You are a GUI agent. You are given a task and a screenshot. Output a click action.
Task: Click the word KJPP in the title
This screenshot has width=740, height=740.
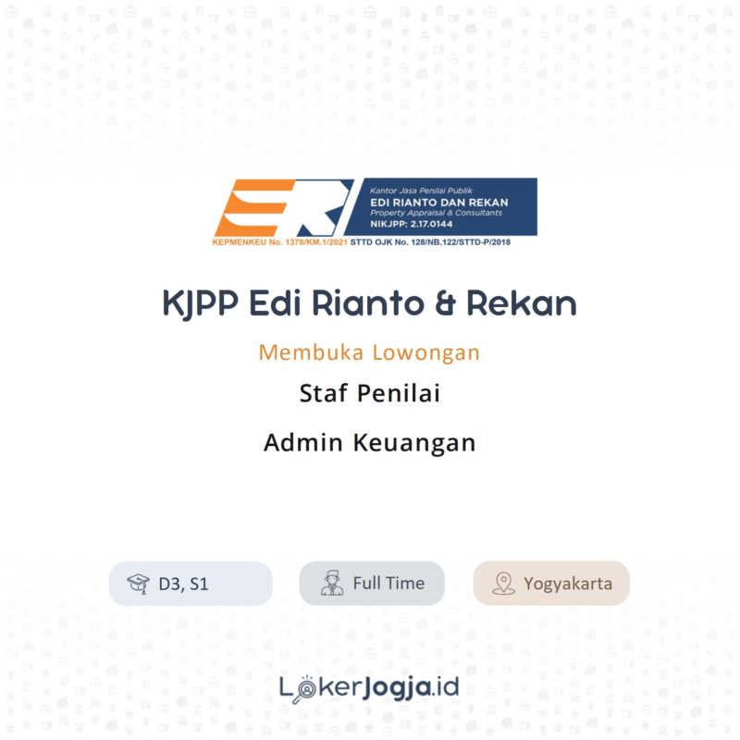point(202,303)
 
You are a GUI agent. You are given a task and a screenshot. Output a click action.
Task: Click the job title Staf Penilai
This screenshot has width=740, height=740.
point(369,393)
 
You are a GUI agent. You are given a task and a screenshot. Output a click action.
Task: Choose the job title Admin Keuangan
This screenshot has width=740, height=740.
point(369,442)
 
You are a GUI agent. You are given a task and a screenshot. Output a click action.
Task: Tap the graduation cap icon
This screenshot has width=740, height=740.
point(138,584)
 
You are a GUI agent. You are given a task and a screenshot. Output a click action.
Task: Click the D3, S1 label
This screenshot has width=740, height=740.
point(183,584)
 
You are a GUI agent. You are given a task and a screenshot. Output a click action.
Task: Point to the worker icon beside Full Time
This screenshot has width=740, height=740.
point(331,584)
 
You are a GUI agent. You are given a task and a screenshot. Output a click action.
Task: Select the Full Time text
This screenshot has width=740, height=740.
point(388,584)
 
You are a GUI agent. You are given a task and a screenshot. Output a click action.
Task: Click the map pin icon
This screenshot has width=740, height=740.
point(503,584)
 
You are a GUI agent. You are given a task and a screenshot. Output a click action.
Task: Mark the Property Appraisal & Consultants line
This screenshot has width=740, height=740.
point(423,213)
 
